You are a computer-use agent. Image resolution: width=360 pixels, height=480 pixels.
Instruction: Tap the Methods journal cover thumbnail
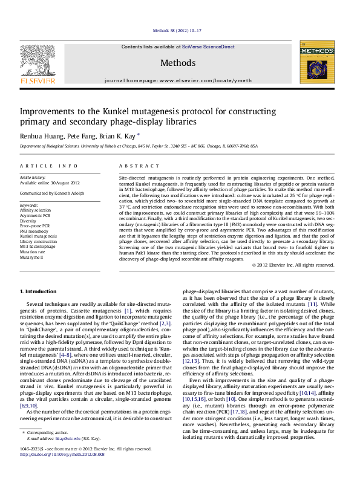(317, 66)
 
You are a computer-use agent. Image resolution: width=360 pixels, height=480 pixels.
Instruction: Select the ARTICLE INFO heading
(49, 165)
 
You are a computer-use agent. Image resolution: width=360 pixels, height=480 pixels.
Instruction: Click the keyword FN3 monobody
(34, 231)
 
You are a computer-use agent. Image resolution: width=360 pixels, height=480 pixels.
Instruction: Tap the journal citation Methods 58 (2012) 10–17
(180, 30)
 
